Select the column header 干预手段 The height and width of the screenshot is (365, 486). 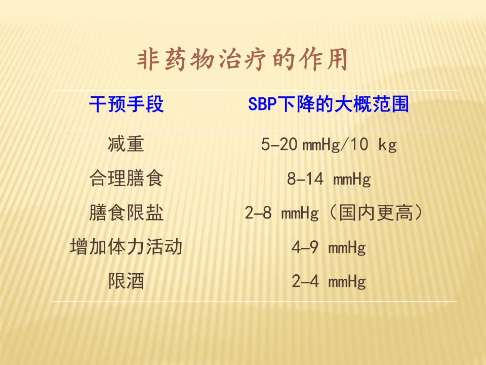click(127, 105)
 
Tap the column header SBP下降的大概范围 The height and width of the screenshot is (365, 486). click(329, 105)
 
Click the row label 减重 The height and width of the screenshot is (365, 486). click(127, 145)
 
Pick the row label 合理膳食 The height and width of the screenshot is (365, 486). click(127, 179)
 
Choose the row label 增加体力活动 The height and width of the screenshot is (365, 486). click(127, 247)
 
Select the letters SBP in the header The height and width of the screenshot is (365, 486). click(260, 105)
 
